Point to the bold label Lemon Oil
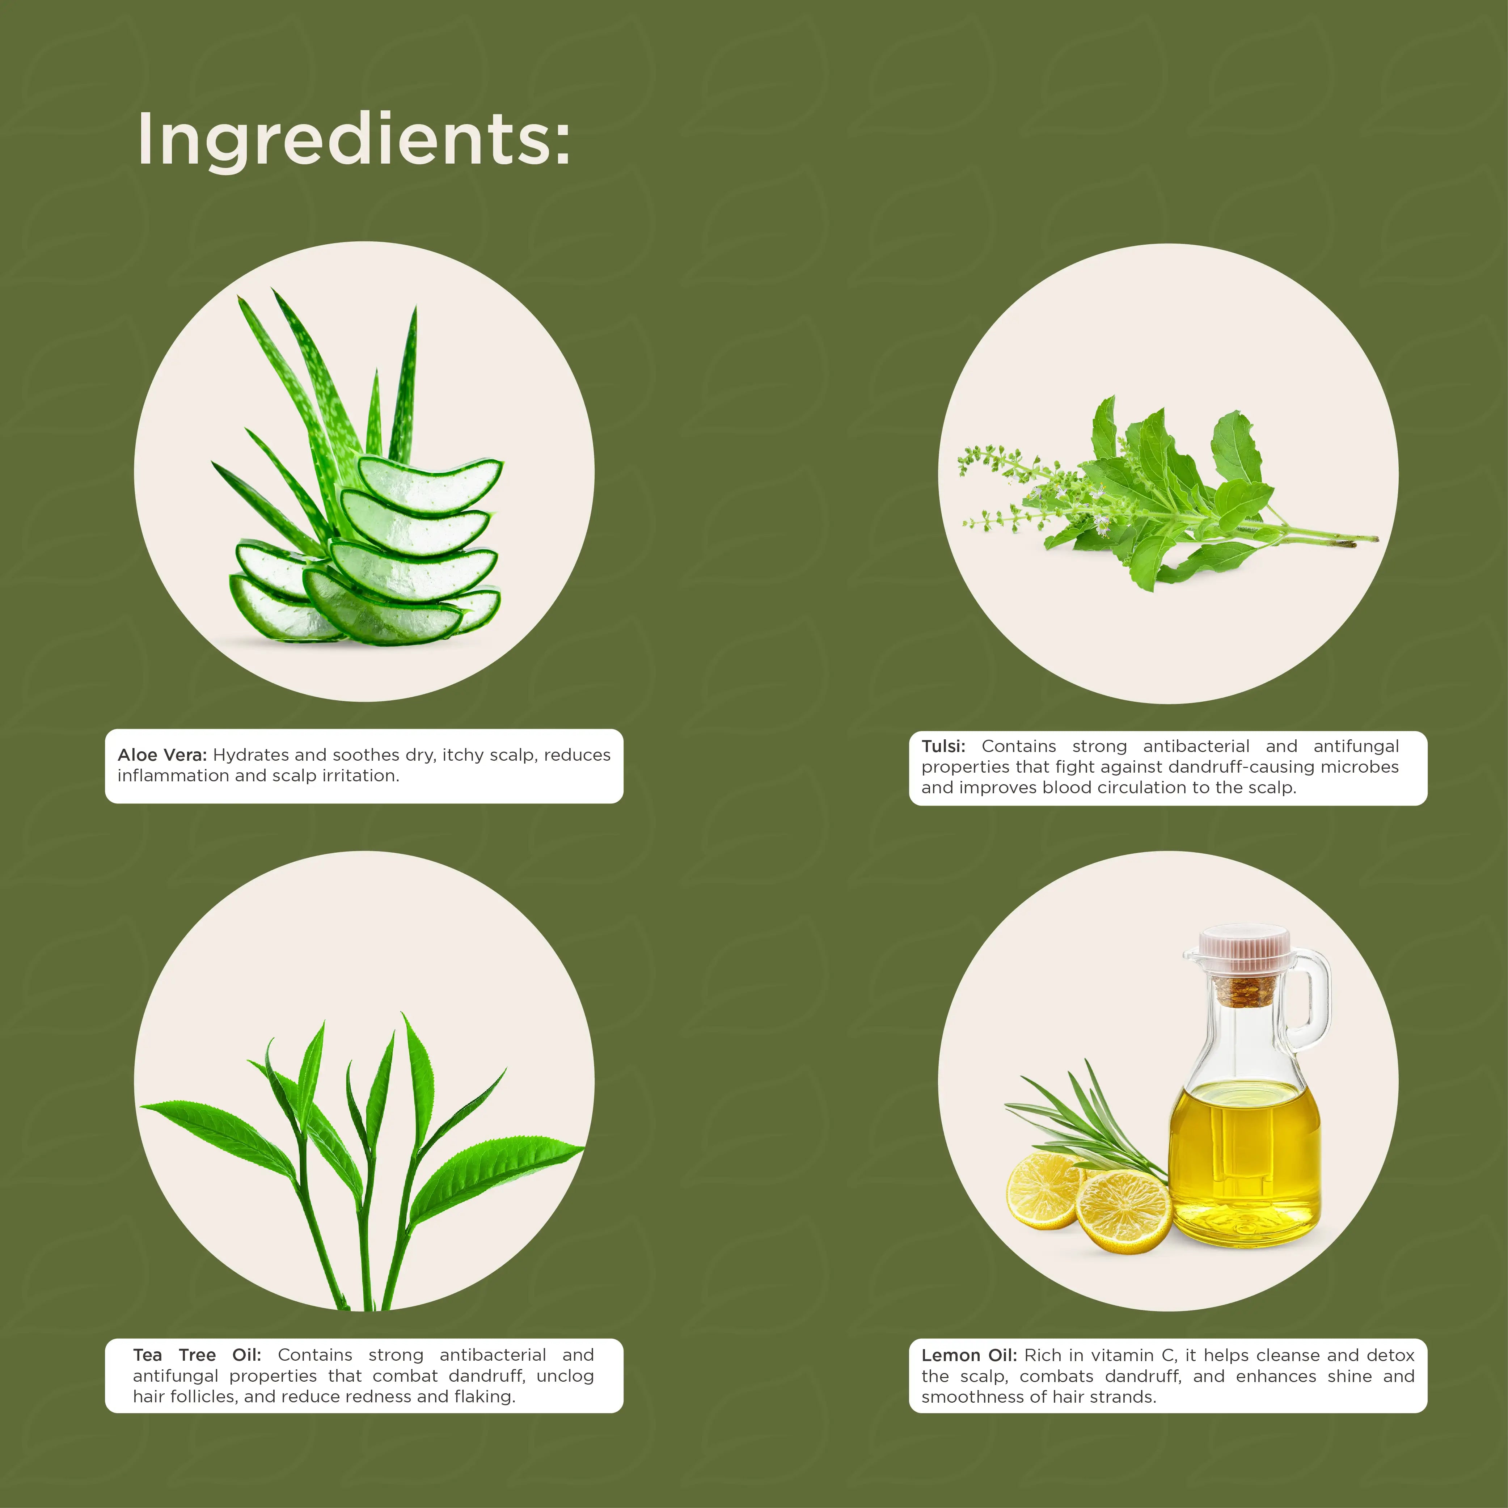click(x=969, y=1355)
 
